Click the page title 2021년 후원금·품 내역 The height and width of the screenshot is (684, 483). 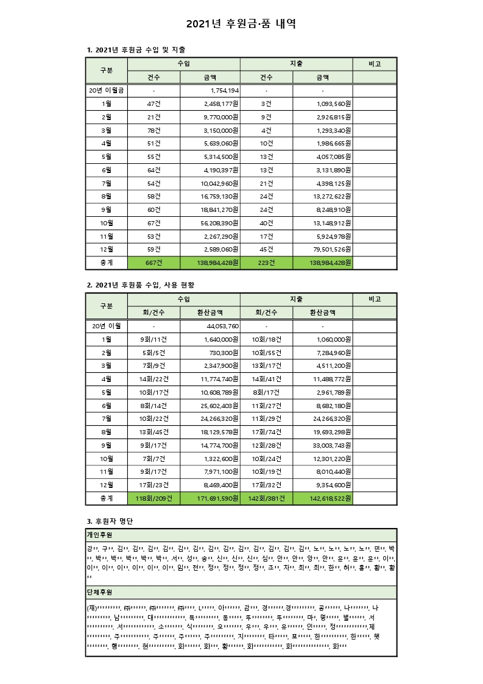point(241,24)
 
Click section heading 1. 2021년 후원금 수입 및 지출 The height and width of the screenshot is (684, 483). point(137,49)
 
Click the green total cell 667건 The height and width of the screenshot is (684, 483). point(153,263)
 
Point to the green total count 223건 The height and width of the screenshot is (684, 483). point(266,263)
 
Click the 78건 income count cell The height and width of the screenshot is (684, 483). point(153,130)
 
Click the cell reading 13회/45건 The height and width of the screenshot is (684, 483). point(153,431)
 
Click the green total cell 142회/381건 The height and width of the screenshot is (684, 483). point(266,499)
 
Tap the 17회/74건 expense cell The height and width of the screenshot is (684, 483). point(266,431)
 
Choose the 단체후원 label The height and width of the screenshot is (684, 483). point(99,592)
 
